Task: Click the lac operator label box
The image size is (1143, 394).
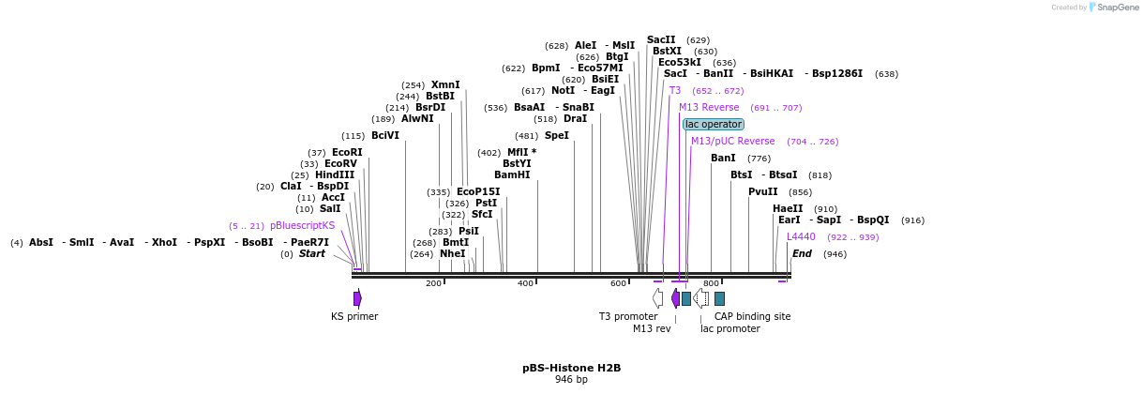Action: [x=714, y=124]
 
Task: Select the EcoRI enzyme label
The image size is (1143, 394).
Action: [x=347, y=153]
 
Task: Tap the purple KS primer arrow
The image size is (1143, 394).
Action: [x=357, y=298]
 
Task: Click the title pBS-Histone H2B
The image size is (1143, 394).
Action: [x=571, y=368]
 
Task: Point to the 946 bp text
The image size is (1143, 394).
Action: [x=571, y=380]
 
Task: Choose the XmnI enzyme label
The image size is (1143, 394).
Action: [x=445, y=84]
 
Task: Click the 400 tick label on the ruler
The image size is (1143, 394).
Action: [x=525, y=283]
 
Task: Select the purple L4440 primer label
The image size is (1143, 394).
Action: [x=801, y=237]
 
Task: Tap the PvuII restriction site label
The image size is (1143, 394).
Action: [x=762, y=192]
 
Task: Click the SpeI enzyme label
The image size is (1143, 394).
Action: [x=557, y=136]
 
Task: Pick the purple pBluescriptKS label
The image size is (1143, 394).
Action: [x=302, y=226]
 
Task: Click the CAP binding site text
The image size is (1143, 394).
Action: [x=752, y=316]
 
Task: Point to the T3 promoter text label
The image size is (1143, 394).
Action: [x=628, y=316]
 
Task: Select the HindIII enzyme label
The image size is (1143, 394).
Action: [x=335, y=175]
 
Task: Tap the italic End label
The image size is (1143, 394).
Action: [x=802, y=253]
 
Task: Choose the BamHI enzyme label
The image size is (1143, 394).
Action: [x=512, y=174]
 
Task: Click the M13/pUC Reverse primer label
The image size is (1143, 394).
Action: [x=732, y=142]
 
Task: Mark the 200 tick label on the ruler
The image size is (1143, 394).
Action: [x=433, y=283]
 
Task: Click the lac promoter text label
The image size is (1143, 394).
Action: [x=729, y=328]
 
